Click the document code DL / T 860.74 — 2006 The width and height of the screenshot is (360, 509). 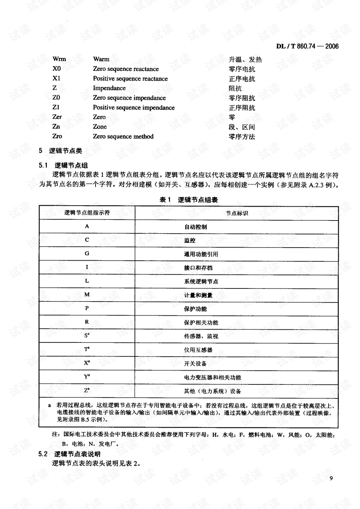(x=307, y=46)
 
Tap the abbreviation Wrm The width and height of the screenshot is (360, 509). (x=59, y=59)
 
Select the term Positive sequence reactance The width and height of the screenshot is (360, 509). (x=130, y=78)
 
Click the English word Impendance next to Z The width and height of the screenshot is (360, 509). (x=109, y=88)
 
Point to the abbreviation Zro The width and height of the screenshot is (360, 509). (x=57, y=136)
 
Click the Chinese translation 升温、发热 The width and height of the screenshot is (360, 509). (x=245, y=59)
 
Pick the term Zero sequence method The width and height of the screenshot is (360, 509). (x=123, y=136)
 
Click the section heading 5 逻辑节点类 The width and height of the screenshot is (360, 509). (x=60, y=151)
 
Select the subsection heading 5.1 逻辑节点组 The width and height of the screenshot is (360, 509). (x=63, y=165)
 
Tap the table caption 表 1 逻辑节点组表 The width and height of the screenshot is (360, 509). (x=189, y=200)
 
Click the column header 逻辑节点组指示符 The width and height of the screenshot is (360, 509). (x=87, y=213)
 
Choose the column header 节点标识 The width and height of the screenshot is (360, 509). (x=237, y=213)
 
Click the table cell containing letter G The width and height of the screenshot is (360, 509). (x=87, y=254)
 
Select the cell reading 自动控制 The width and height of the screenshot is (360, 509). (x=195, y=227)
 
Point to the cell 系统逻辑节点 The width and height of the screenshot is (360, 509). (x=201, y=281)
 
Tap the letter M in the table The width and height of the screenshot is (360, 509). (x=87, y=295)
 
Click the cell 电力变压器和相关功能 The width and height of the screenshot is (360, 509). (x=212, y=377)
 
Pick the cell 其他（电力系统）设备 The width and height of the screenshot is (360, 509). (x=212, y=391)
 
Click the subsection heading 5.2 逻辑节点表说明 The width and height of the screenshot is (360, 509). (x=69, y=454)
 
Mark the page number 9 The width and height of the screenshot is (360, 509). (x=331, y=478)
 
